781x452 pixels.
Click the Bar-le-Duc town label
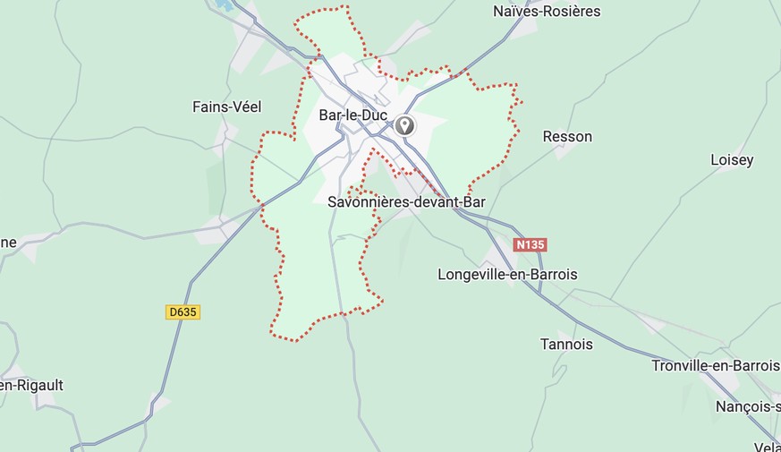[351, 115]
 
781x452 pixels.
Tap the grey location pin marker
[405, 124]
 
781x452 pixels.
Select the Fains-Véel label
[227, 107]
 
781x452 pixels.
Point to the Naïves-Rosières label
[547, 12]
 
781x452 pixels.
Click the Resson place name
[567, 137]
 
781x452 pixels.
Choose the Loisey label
[732, 160]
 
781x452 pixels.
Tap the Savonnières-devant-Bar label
[406, 202]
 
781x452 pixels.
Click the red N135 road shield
[530, 244]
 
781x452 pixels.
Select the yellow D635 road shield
[183, 312]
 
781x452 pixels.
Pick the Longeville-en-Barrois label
[507, 275]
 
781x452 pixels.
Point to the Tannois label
[566, 345]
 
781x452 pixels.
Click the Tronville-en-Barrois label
[716, 366]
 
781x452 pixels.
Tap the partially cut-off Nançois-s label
[748, 406]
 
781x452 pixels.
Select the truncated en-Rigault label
[31, 386]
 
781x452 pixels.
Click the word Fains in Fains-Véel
[210, 107]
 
